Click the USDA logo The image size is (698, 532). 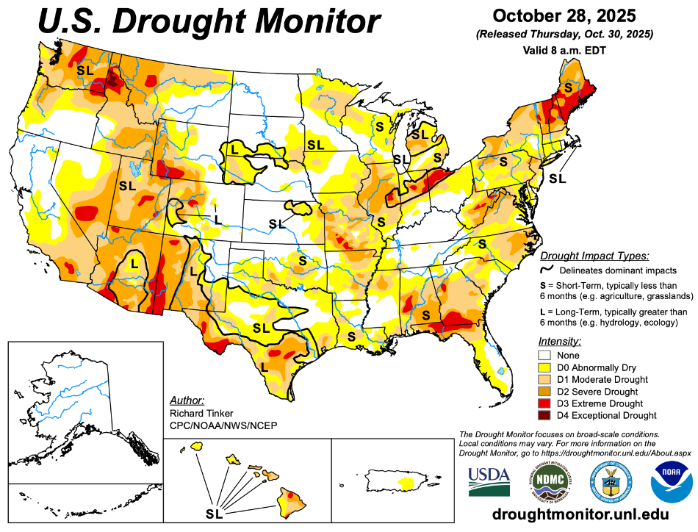(489, 481)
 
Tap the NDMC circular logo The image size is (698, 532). (550, 481)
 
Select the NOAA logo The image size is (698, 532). (671, 481)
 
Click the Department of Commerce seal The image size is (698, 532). (611, 481)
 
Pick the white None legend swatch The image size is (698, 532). (546, 355)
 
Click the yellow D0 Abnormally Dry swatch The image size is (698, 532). (546, 367)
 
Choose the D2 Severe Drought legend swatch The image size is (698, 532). (546, 392)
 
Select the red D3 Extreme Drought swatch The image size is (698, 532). (546, 403)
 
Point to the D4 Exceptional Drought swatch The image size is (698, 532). (546, 416)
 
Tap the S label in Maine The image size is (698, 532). (568, 87)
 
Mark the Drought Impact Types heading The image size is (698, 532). (594, 256)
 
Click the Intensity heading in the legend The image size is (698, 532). (560, 342)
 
